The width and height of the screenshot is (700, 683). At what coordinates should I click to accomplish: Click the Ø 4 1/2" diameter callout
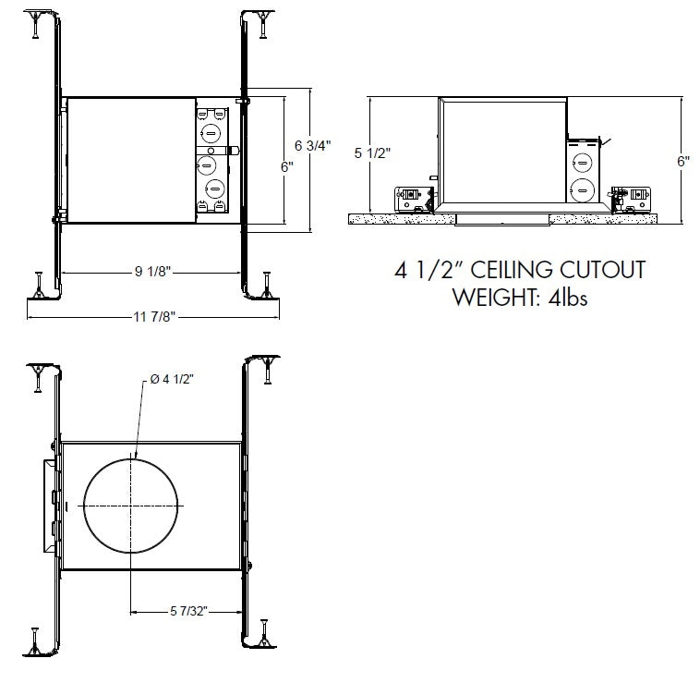[x=171, y=378]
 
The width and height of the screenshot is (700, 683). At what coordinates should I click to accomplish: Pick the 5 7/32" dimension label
[x=190, y=611]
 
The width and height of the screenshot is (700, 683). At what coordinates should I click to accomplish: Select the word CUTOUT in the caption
[x=604, y=271]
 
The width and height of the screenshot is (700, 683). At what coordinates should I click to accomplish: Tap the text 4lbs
[x=566, y=297]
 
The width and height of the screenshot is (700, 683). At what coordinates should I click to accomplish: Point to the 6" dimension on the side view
[x=682, y=159]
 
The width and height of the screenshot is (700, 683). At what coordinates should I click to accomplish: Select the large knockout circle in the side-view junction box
[x=582, y=191]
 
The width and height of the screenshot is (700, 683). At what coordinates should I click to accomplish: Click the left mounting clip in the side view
[x=414, y=197]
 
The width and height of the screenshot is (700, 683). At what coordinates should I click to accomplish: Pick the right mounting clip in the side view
[x=634, y=197]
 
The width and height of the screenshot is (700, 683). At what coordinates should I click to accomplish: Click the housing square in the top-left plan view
[x=129, y=160]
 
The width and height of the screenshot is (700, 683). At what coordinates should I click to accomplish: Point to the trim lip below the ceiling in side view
[x=503, y=220]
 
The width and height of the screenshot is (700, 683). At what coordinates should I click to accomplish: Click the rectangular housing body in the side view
[x=503, y=152]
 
